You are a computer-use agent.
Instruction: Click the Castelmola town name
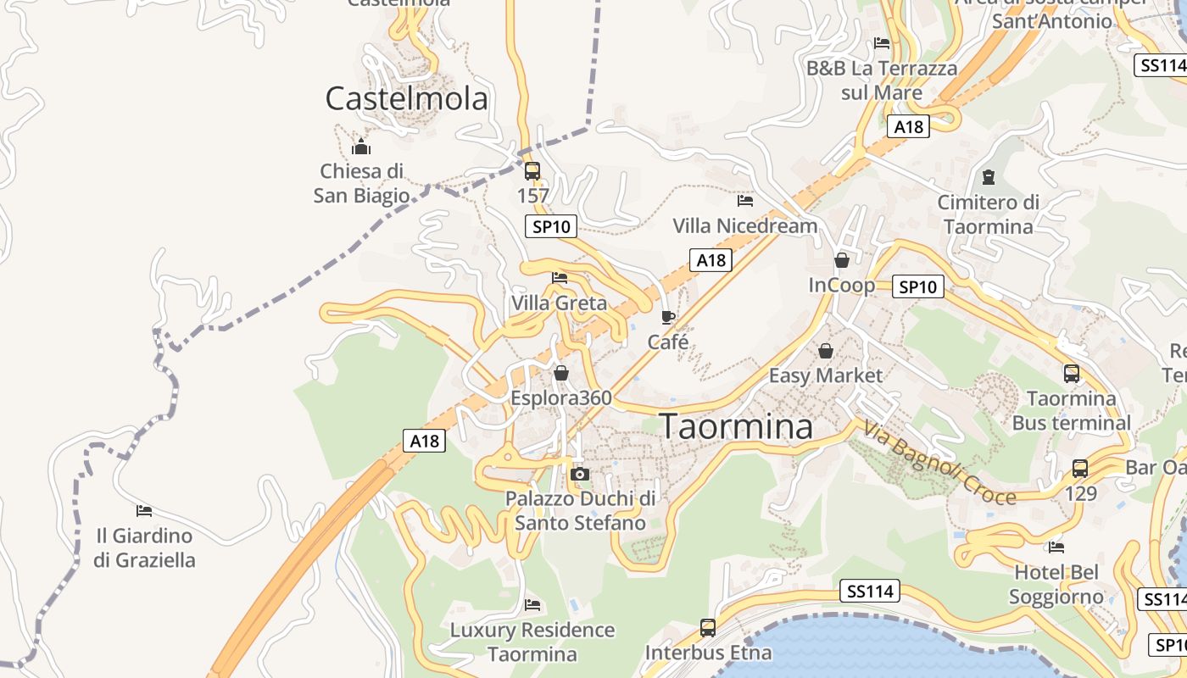407,99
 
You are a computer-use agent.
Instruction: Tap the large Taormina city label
736,426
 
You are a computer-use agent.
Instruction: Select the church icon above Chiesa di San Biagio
362,147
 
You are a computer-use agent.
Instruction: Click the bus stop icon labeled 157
532,171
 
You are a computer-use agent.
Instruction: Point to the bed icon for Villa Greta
559,277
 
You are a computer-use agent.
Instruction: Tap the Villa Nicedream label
745,225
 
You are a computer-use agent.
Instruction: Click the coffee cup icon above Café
668,317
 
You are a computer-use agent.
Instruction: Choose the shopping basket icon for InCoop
842,260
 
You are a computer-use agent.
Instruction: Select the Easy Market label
826,375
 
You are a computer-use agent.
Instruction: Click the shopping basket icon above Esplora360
561,373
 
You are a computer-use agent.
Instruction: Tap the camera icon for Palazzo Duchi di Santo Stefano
580,475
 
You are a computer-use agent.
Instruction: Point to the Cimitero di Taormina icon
988,177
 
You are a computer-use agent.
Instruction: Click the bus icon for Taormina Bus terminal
1072,373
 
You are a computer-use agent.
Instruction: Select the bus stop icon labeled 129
1080,468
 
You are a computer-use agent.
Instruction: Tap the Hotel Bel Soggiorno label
1056,585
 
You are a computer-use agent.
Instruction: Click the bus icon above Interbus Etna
708,628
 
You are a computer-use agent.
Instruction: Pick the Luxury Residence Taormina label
532,642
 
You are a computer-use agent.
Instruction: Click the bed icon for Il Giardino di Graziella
144,511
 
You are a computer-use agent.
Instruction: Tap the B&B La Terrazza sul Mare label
882,80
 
